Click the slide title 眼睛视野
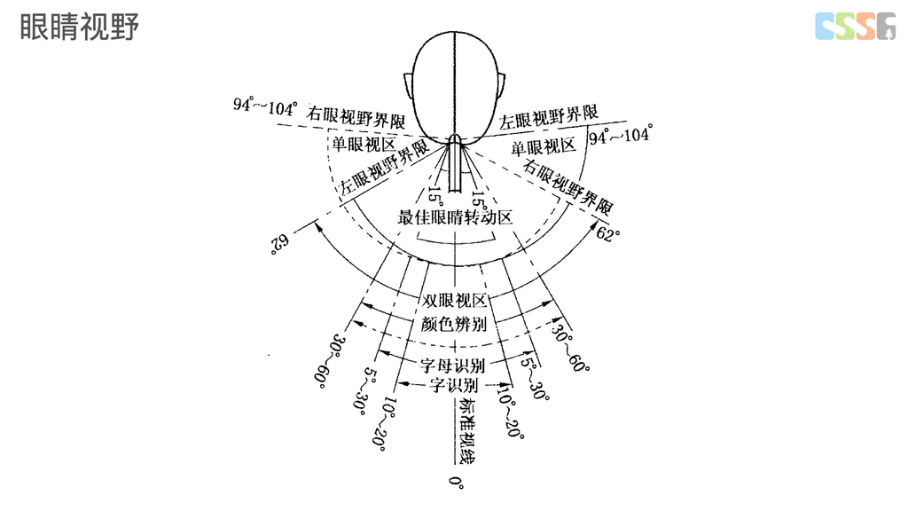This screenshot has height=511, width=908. click(x=79, y=28)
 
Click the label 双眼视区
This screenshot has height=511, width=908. click(x=454, y=301)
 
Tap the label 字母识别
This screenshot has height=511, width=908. click(x=454, y=365)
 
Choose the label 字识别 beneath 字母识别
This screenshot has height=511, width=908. click(x=454, y=385)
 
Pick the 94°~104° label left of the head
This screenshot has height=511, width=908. click(x=264, y=106)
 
